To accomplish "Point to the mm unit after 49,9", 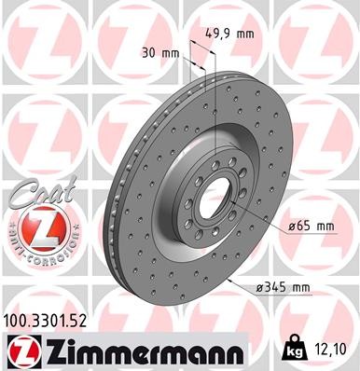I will (x=245, y=33).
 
